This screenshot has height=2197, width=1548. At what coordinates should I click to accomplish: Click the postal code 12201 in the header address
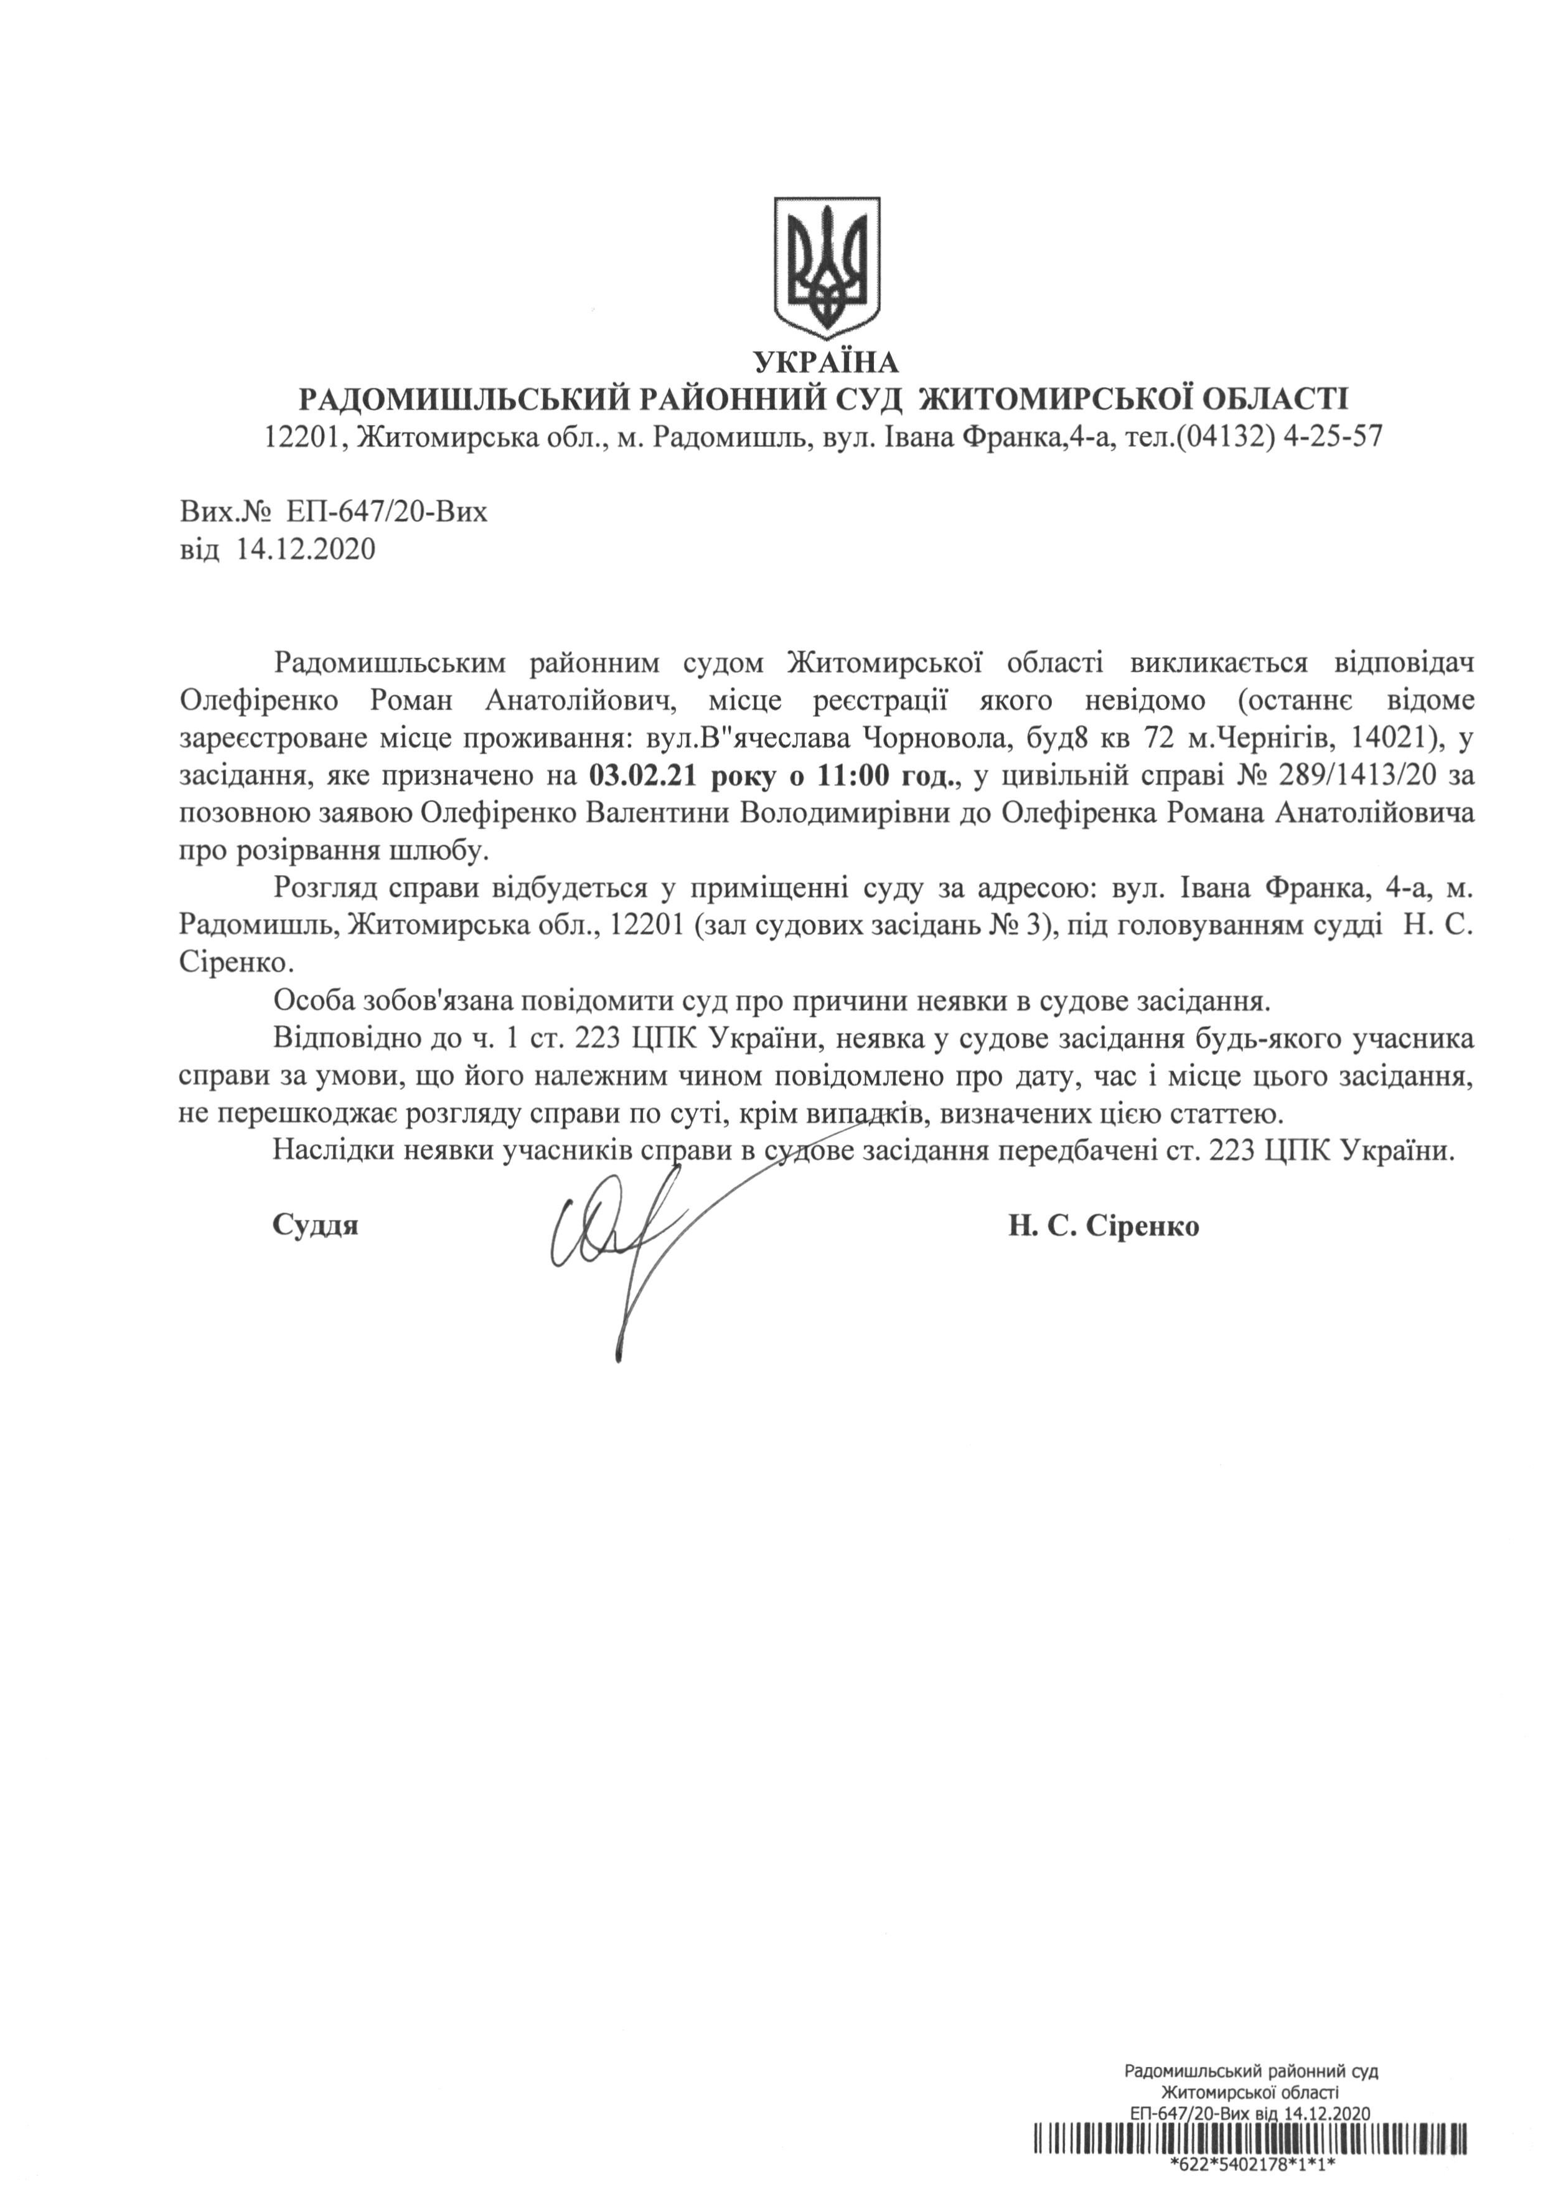pos(301,438)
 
